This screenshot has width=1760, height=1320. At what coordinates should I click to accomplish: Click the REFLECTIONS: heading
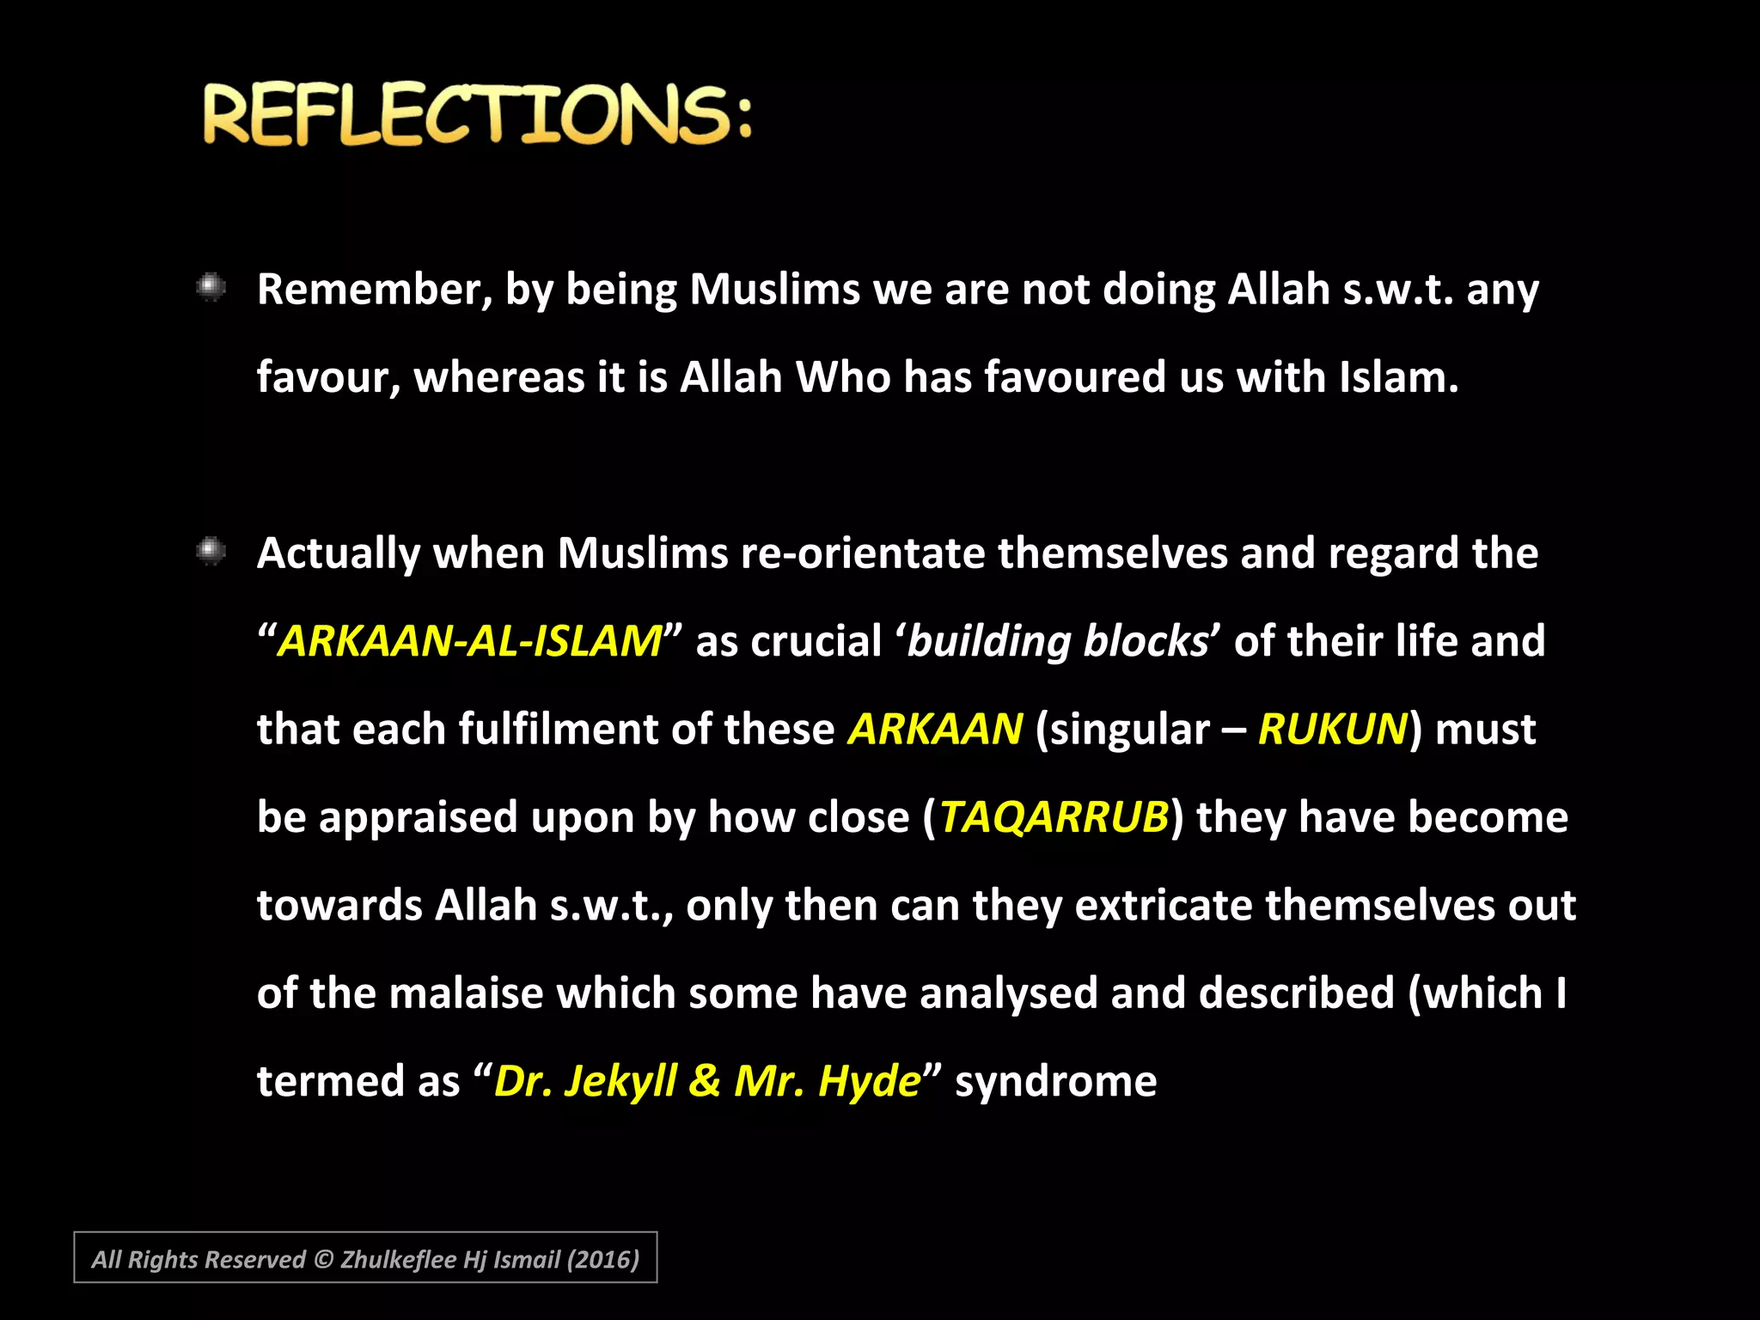pyautogui.click(x=477, y=114)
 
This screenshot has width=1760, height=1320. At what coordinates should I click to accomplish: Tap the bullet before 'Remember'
pyautogui.click(x=211, y=288)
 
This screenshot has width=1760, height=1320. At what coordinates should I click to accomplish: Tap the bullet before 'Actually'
pyautogui.click(x=211, y=551)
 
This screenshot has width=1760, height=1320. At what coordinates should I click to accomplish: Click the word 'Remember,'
pyautogui.click(x=375, y=290)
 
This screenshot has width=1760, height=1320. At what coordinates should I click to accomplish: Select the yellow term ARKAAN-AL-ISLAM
pyautogui.click(x=469, y=641)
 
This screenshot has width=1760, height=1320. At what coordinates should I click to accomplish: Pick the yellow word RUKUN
pyautogui.click(x=1333, y=729)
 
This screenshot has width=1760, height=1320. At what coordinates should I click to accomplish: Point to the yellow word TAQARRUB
pyautogui.click(x=1054, y=816)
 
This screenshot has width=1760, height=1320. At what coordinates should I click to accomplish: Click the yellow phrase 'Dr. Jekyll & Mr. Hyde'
pyautogui.click(x=706, y=1080)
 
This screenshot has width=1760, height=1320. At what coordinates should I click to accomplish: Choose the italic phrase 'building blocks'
pyautogui.click(x=1057, y=641)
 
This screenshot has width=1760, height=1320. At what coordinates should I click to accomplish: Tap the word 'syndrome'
pyautogui.click(x=1055, y=1082)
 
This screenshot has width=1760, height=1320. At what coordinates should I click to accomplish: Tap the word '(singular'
pyautogui.click(x=1122, y=730)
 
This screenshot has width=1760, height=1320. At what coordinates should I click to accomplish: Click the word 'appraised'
pyautogui.click(x=418, y=818)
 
